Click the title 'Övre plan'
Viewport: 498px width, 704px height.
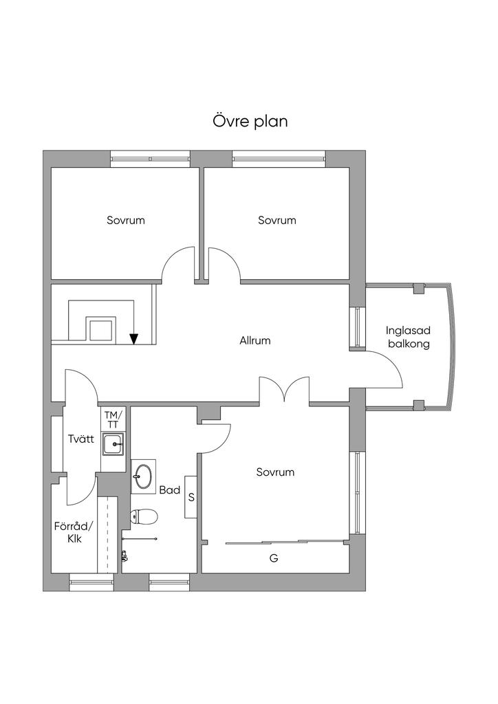249,122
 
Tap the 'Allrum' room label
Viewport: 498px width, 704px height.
255,340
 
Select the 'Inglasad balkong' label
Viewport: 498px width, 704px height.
408,338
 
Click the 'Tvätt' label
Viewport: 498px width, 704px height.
80,439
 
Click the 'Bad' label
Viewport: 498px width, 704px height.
169,490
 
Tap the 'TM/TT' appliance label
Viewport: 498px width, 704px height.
113,419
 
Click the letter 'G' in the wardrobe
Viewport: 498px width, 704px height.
274,559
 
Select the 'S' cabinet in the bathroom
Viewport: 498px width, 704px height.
191,496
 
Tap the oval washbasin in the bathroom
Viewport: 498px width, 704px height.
144,475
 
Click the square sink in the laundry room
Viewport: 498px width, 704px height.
113,445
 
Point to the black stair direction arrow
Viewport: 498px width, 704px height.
134,338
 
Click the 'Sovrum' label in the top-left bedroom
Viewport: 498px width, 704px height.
126,221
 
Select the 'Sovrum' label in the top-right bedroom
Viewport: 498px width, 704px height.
277,221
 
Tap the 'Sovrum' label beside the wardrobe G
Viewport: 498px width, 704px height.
275,472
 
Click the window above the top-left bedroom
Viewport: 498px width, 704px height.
151,159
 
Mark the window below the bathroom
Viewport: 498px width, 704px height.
169,585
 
